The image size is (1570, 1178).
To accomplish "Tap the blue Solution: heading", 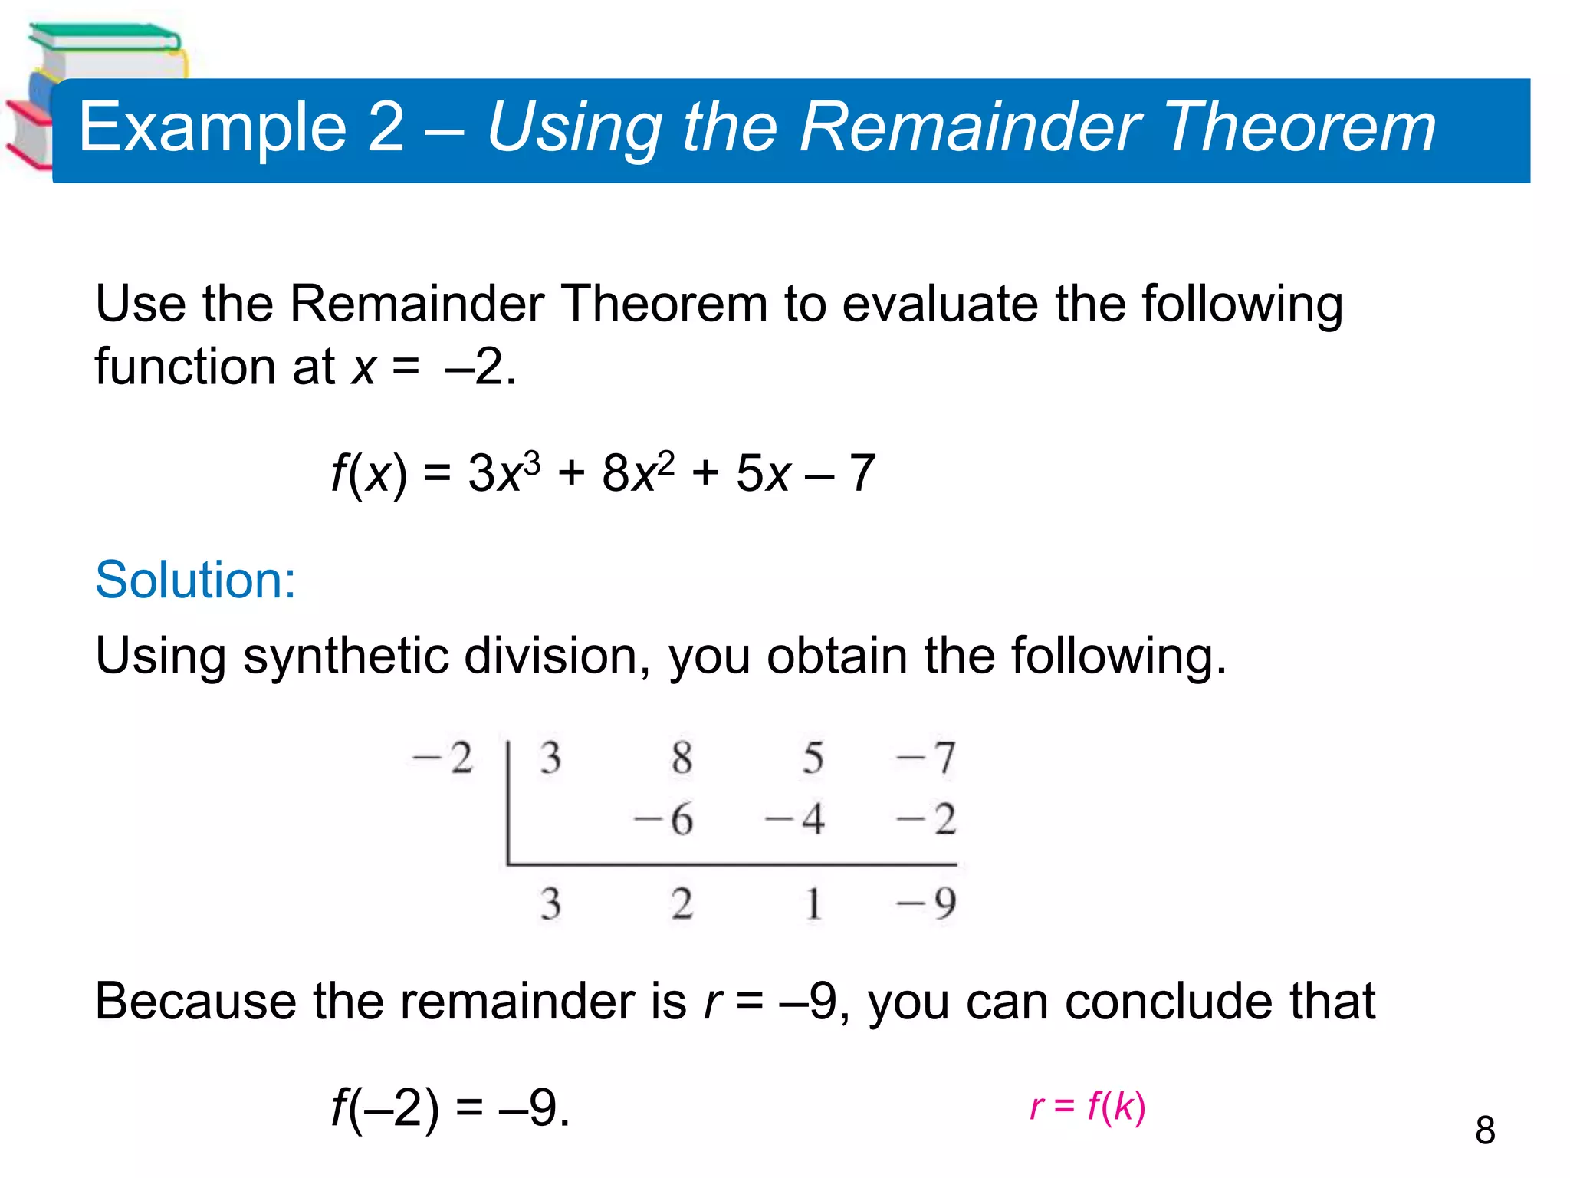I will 195,580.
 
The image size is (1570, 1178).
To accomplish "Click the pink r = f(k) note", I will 1088,1106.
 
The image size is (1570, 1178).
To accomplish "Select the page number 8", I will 1485,1130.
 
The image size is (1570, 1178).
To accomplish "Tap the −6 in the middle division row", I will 664,819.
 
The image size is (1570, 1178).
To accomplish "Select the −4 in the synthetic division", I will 795,819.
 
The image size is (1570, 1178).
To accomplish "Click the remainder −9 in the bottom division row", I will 927,903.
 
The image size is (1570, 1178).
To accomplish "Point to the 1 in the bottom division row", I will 813,903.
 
